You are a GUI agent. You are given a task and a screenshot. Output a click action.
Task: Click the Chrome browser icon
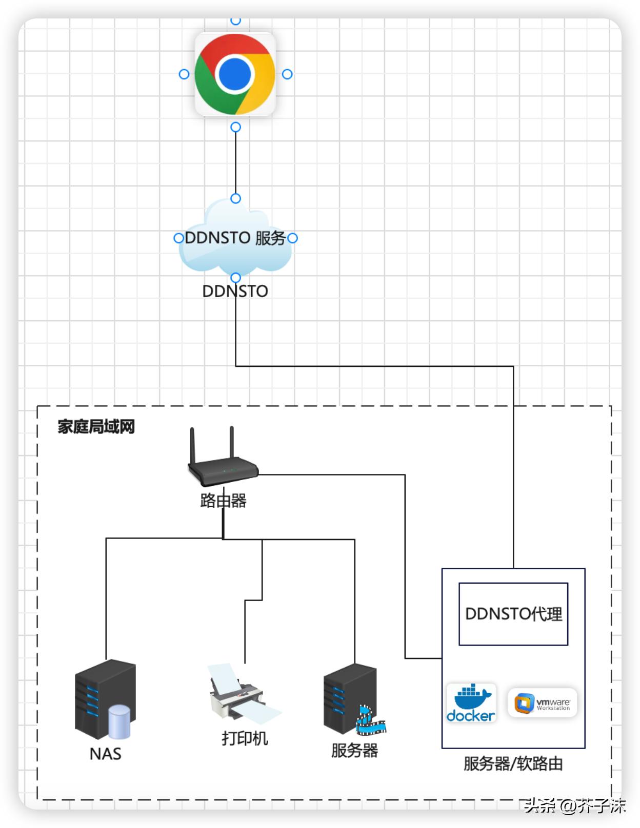235,74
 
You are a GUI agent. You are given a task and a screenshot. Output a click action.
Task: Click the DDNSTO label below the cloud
235,291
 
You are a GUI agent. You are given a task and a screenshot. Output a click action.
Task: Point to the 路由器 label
223,500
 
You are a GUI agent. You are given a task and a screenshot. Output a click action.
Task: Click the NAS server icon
105,699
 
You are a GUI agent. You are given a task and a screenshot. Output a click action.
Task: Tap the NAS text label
105,754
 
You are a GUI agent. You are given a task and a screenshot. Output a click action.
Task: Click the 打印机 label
245,738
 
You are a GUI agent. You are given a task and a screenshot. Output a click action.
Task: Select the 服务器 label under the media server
354,750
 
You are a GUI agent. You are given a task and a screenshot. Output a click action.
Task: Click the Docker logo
471,703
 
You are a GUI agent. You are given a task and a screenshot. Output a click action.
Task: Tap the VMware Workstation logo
543,703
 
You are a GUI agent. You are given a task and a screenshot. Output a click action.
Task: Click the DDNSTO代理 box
513,614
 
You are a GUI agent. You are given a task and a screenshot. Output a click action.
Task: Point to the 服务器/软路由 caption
513,764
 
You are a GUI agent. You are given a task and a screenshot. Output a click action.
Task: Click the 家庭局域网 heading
96,427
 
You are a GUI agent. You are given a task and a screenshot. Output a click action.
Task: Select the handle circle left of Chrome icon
184,74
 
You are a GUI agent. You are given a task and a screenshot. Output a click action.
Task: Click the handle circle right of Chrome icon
287,74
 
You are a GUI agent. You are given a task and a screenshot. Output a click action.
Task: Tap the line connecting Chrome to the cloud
235,163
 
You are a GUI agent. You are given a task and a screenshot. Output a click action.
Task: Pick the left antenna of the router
193,446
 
